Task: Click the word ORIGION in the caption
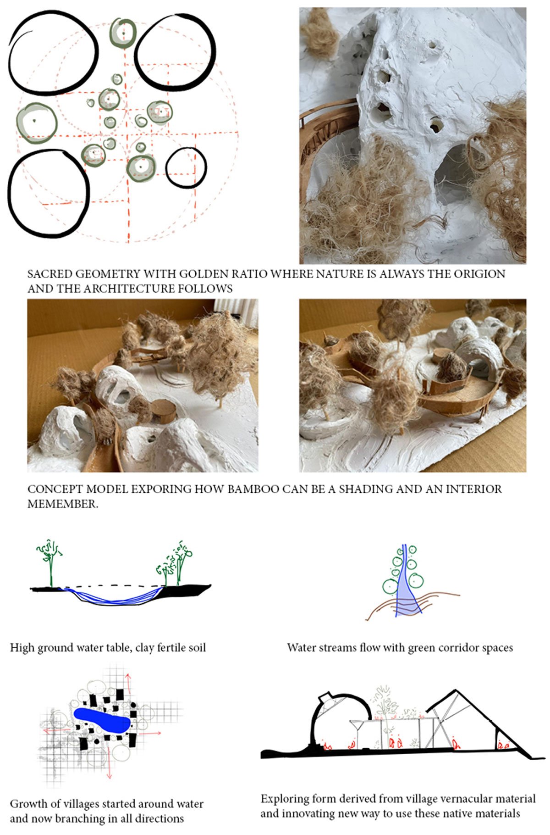click(x=479, y=274)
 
